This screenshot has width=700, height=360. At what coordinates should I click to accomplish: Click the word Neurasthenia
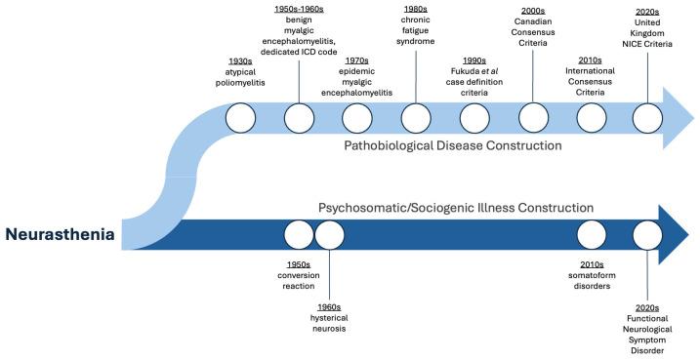coord(62,235)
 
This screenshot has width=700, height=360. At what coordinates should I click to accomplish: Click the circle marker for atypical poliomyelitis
coord(240,119)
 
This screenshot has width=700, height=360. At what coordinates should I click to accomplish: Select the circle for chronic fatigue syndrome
coord(416,119)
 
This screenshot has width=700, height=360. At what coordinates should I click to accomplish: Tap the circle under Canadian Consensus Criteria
coord(533,119)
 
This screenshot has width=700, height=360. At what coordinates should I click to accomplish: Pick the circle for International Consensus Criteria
coord(592,119)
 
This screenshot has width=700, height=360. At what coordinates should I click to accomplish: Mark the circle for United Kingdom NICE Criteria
coord(648,119)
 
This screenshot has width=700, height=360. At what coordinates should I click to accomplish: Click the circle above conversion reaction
coord(298,235)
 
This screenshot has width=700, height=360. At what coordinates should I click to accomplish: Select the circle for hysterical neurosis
coord(330,235)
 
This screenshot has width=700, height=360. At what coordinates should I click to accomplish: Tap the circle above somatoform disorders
coord(592,235)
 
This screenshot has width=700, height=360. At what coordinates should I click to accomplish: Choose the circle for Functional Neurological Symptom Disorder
coord(648,235)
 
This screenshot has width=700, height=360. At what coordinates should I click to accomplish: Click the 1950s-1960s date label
coord(298,9)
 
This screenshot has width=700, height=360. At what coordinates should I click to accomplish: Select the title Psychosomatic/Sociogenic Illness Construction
coord(456,208)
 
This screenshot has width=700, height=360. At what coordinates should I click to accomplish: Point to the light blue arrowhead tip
coord(693,119)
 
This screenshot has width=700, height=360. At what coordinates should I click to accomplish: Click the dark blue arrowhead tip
coord(693,235)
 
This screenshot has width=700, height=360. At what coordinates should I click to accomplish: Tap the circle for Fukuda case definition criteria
coord(474,119)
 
